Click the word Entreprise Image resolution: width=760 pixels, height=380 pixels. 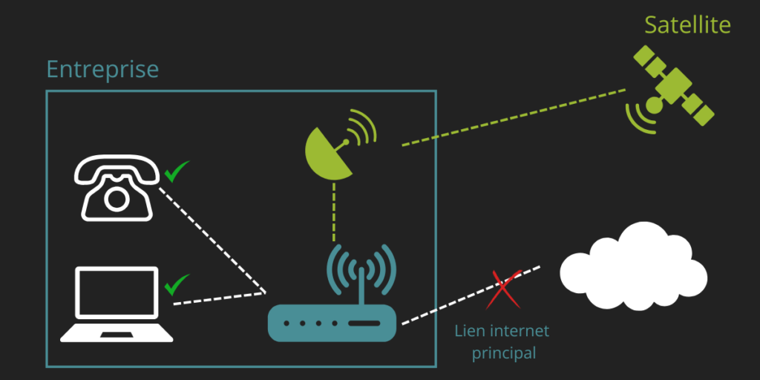102,70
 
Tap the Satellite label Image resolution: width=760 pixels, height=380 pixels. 687,24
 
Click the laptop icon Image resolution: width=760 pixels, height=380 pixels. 117,304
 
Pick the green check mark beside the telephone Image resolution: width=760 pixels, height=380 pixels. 177,172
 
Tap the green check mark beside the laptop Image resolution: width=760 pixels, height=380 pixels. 177,284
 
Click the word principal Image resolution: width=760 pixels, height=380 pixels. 503,353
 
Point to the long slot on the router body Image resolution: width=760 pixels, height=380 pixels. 363,324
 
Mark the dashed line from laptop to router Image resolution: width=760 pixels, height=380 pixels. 218,297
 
